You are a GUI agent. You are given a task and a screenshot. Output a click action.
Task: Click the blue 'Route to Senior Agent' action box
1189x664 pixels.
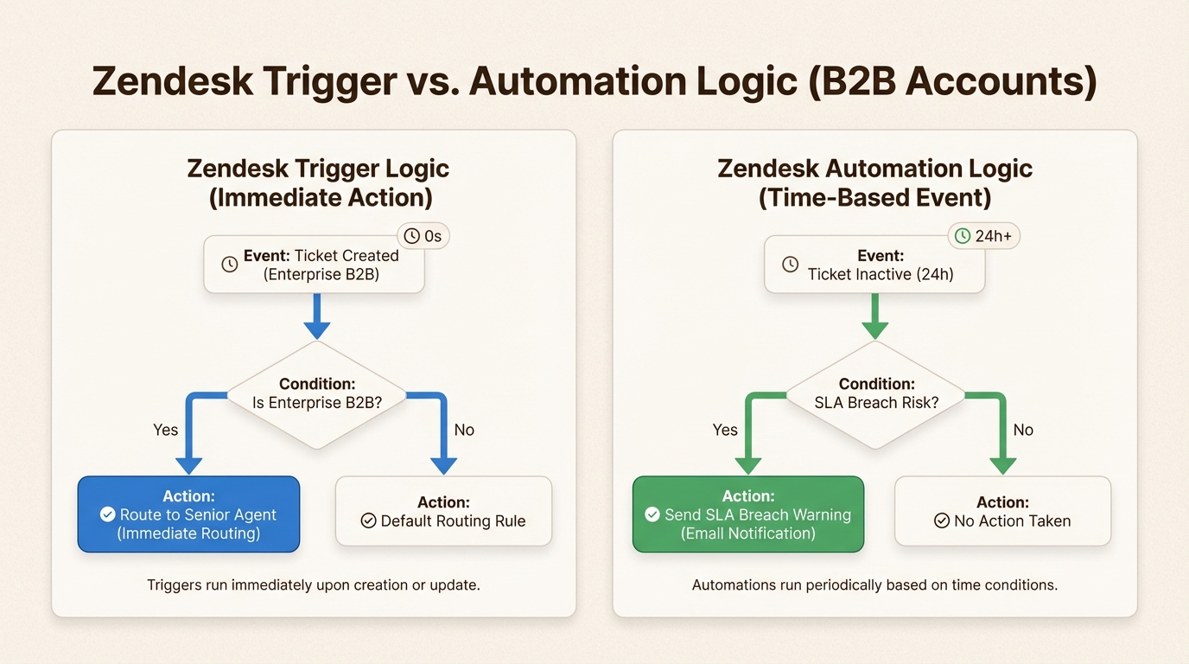pyautogui.click(x=188, y=514)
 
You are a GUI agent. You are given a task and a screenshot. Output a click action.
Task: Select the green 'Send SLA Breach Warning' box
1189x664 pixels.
pyautogui.click(x=747, y=514)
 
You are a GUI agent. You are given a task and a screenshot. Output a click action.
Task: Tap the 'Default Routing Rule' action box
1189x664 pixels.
pyautogui.click(x=443, y=512)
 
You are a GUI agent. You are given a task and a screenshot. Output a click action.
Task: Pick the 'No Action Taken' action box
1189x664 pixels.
pyautogui.click(x=1002, y=512)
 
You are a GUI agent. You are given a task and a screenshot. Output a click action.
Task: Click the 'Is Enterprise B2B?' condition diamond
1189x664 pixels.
pyautogui.click(x=317, y=394)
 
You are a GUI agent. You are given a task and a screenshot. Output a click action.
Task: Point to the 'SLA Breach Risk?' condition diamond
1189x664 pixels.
pyautogui.click(x=875, y=394)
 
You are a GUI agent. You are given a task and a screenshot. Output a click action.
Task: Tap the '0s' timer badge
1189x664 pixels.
pyautogui.click(x=423, y=236)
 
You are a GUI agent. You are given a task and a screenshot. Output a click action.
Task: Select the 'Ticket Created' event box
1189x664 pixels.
pyautogui.click(x=314, y=265)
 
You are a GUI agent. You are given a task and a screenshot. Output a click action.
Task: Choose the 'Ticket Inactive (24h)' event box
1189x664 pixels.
pyautogui.click(x=874, y=265)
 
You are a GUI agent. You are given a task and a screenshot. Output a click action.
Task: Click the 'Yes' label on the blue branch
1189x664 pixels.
pyautogui.click(x=165, y=430)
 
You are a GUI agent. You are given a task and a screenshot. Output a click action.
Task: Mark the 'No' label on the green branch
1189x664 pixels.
pyautogui.click(x=1023, y=430)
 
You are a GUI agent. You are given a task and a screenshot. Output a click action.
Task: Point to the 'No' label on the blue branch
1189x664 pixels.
pyautogui.click(x=464, y=430)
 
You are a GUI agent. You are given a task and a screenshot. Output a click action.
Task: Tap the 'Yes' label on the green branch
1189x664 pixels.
pyautogui.click(x=725, y=430)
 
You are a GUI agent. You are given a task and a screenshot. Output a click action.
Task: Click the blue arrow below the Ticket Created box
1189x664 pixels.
pyautogui.click(x=317, y=316)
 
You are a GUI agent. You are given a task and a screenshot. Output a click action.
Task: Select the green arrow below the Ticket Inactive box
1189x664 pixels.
pyautogui.click(x=875, y=316)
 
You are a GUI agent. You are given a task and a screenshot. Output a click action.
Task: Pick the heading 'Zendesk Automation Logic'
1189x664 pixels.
pyautogui.click(x=874, y=168)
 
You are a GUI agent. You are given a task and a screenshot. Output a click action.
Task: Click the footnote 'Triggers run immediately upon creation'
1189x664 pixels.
pyautogui.click(x=313, y=585)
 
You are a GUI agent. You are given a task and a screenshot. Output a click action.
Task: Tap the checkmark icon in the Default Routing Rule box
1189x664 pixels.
pyautogui.click(x=368, y=521)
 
